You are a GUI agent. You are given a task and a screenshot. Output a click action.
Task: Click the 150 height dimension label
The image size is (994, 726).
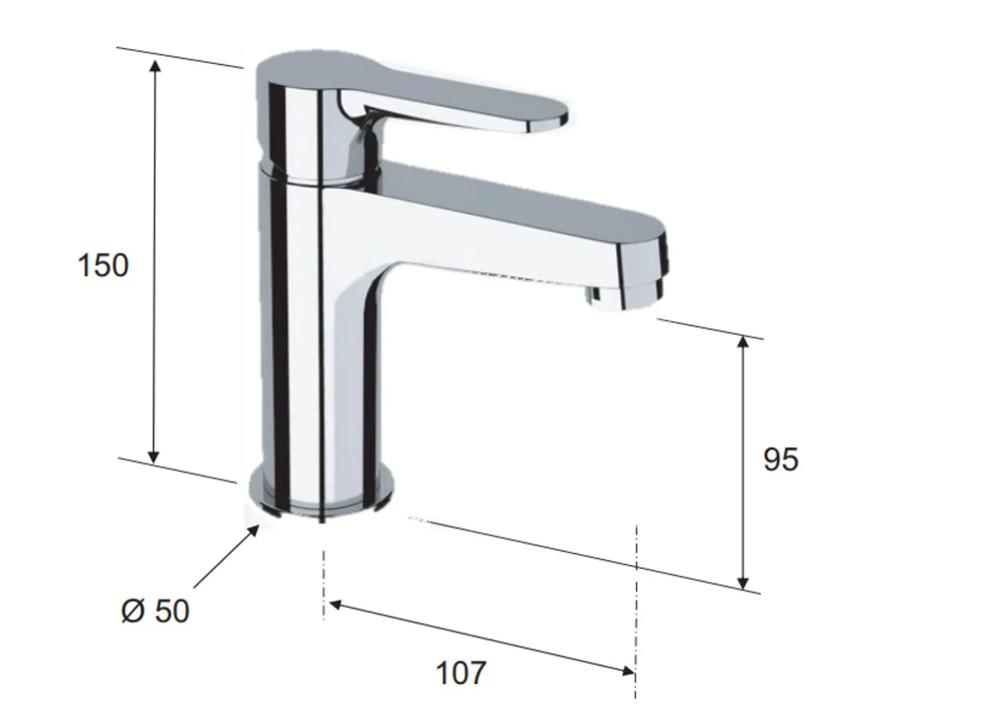pos(103,266)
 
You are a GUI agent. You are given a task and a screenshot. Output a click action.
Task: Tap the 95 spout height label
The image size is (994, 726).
pos(781,460)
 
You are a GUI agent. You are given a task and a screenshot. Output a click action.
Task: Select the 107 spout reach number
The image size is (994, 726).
pos(461,673)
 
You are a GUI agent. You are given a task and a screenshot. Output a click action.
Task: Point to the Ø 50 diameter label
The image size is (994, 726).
pos(156,610)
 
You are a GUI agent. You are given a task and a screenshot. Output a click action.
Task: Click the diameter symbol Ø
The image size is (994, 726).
pos(133,610)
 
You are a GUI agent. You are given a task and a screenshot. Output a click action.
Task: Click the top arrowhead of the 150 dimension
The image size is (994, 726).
pos(155,65)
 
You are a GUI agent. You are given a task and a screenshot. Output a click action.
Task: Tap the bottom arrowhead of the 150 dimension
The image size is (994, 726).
pos(153,457)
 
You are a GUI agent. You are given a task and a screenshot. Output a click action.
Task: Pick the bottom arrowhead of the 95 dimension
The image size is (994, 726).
pos(743,583)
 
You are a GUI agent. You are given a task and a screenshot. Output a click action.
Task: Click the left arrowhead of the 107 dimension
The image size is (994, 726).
pos(335,604)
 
